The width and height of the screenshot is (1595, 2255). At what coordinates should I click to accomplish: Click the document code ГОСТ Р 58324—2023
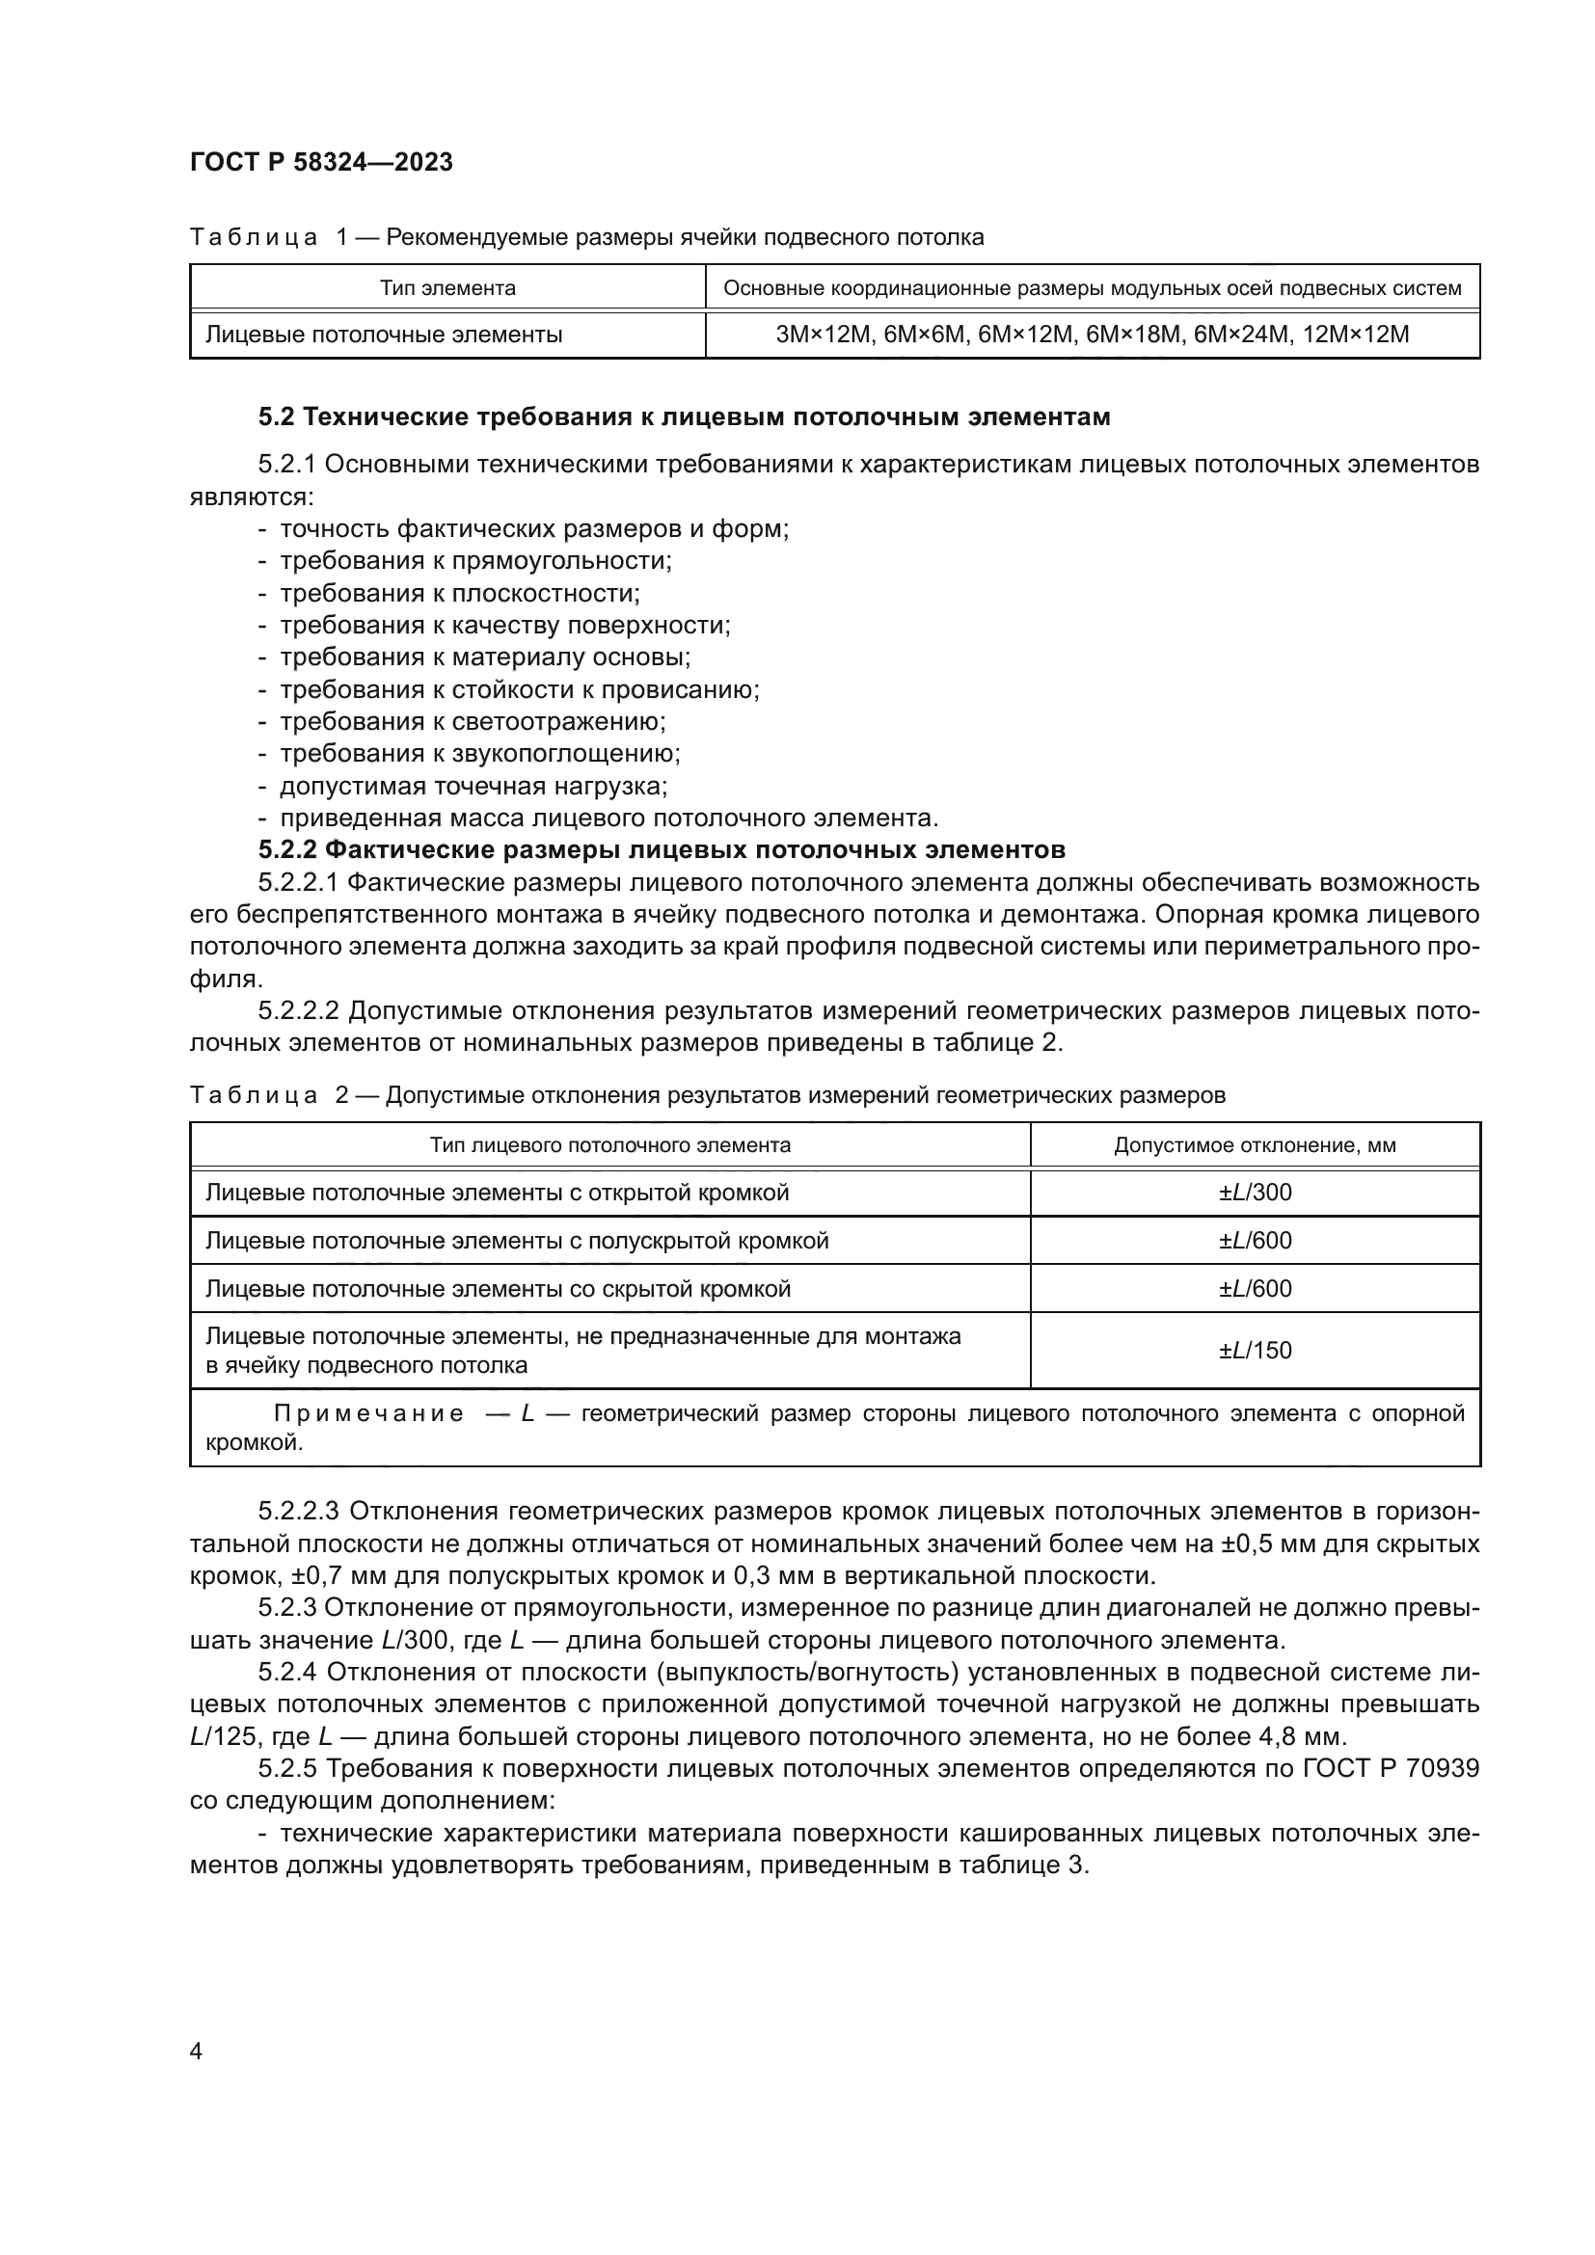click(321, 162)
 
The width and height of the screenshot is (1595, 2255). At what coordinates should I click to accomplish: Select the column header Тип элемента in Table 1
click(447, 287)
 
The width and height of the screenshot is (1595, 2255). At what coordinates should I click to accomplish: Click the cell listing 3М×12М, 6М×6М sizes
click(1093, 334)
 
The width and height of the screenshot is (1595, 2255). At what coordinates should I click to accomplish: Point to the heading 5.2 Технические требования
click(684, 417)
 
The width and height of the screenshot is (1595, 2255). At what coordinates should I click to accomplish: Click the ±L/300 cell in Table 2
click(1256, 1193)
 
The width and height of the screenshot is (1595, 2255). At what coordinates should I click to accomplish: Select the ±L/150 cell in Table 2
click(1256, 1350)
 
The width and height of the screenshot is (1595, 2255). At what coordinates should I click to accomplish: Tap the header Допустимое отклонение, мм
click(1256, 1145)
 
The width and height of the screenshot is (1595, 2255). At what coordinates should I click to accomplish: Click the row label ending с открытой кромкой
click(497, 1193)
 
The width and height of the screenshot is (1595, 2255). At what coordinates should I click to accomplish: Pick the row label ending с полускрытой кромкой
click(517, 1241)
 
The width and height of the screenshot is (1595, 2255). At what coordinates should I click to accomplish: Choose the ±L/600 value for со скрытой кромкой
click(1256, 1289)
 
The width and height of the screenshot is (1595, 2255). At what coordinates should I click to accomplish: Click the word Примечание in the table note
click(368, 1413)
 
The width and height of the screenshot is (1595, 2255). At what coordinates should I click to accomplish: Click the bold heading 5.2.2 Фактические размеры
click(662, 849)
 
